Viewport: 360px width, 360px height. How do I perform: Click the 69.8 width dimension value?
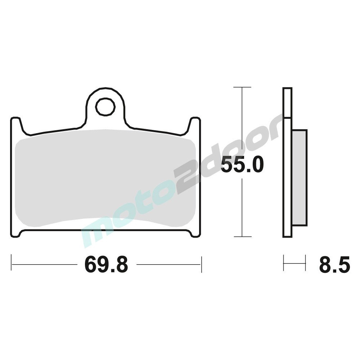106,264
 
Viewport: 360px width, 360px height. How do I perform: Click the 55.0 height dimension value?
242,164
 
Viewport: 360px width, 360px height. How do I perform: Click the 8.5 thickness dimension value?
334,264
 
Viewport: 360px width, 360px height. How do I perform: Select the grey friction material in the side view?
300,178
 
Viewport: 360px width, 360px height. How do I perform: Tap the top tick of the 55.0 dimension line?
242,87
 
